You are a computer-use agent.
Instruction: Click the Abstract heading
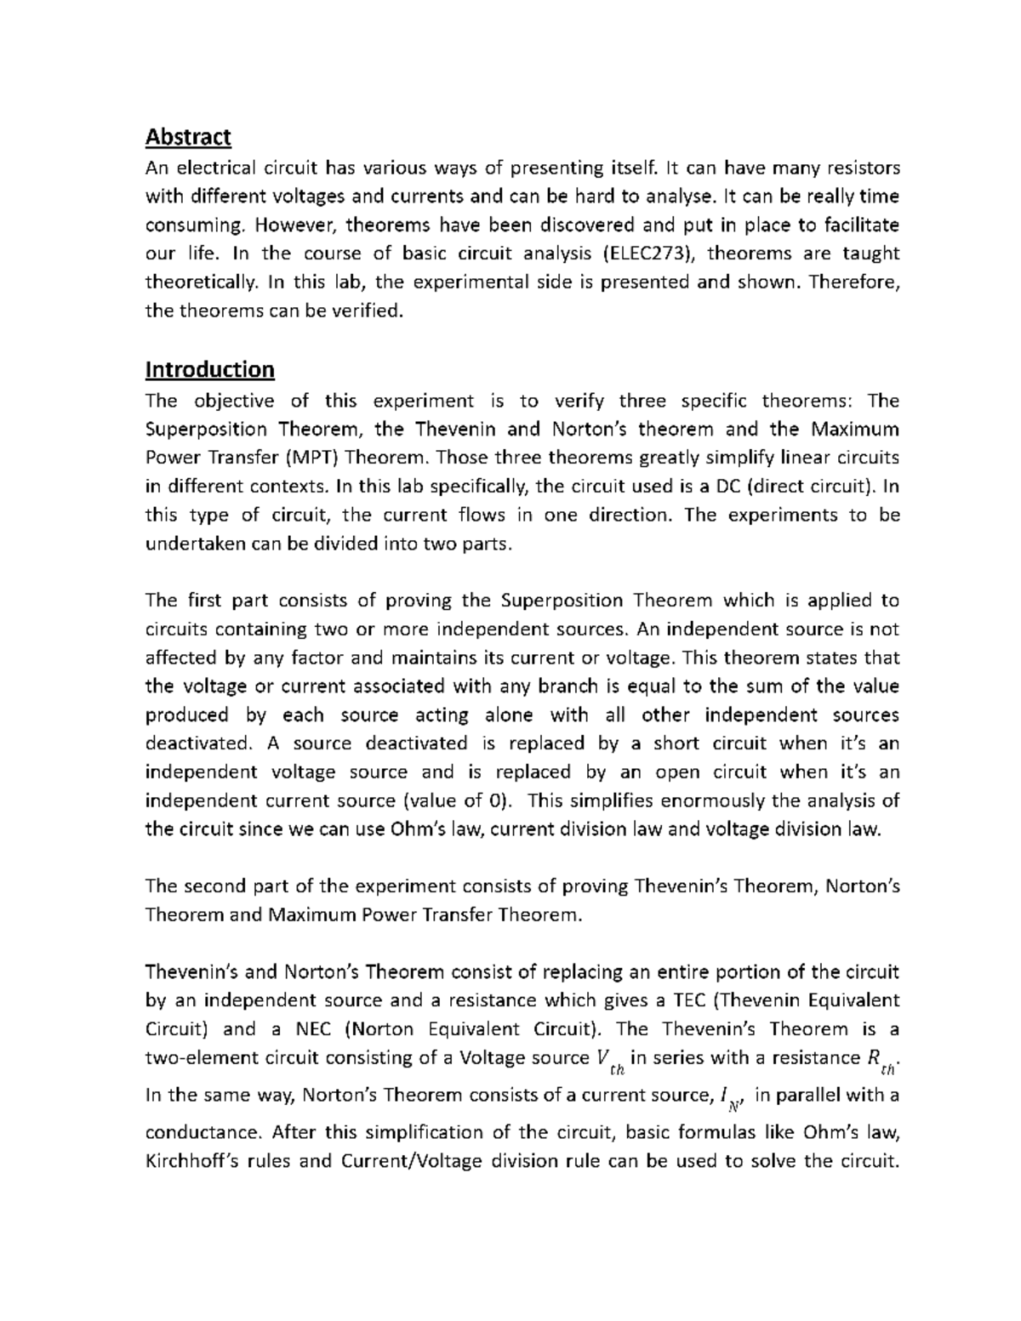188,136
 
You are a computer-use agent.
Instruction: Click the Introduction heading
209,369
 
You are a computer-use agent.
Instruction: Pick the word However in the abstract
296,225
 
